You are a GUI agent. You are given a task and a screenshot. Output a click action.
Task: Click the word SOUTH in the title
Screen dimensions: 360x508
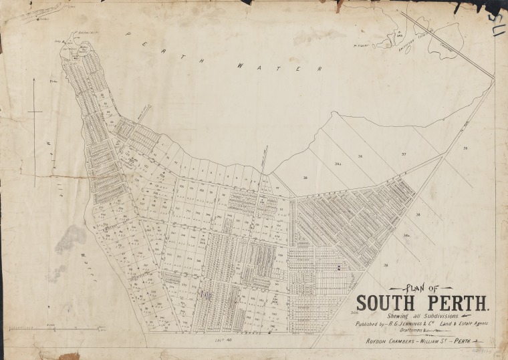[x=385, y=303]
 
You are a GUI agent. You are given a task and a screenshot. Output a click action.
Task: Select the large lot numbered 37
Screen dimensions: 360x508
[x=403, y=154]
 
